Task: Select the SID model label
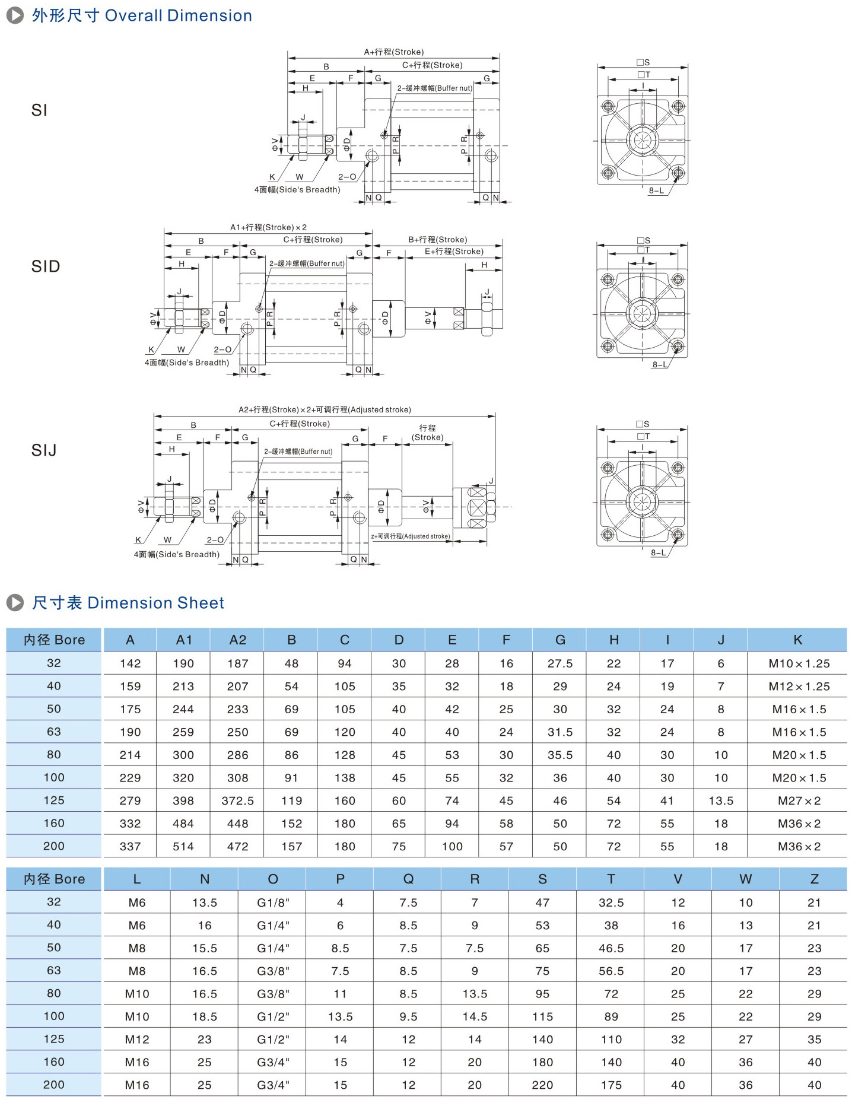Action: pos(46,266)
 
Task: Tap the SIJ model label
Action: pos(44,450)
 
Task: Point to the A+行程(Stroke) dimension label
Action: pos(393,52)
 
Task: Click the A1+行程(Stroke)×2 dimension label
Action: pos(268,227)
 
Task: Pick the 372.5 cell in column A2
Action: pos(237,801)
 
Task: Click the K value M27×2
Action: pos(799,801)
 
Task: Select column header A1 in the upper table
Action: pos(184,640)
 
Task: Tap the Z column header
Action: pos(814,879)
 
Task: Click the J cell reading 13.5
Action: pos(721,801)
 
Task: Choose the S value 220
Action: pos(542,1085)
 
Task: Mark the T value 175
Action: pos(611,1085)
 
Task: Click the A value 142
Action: pos(130,663)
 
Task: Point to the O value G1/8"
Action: pos(273,903)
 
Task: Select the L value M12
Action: pos(137,1040)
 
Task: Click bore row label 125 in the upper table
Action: pos(54,800)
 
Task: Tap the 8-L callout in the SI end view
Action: pos(656,190)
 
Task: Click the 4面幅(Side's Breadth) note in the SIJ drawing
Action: pos(176,554)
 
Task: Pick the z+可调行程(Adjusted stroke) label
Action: pos(410,536)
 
